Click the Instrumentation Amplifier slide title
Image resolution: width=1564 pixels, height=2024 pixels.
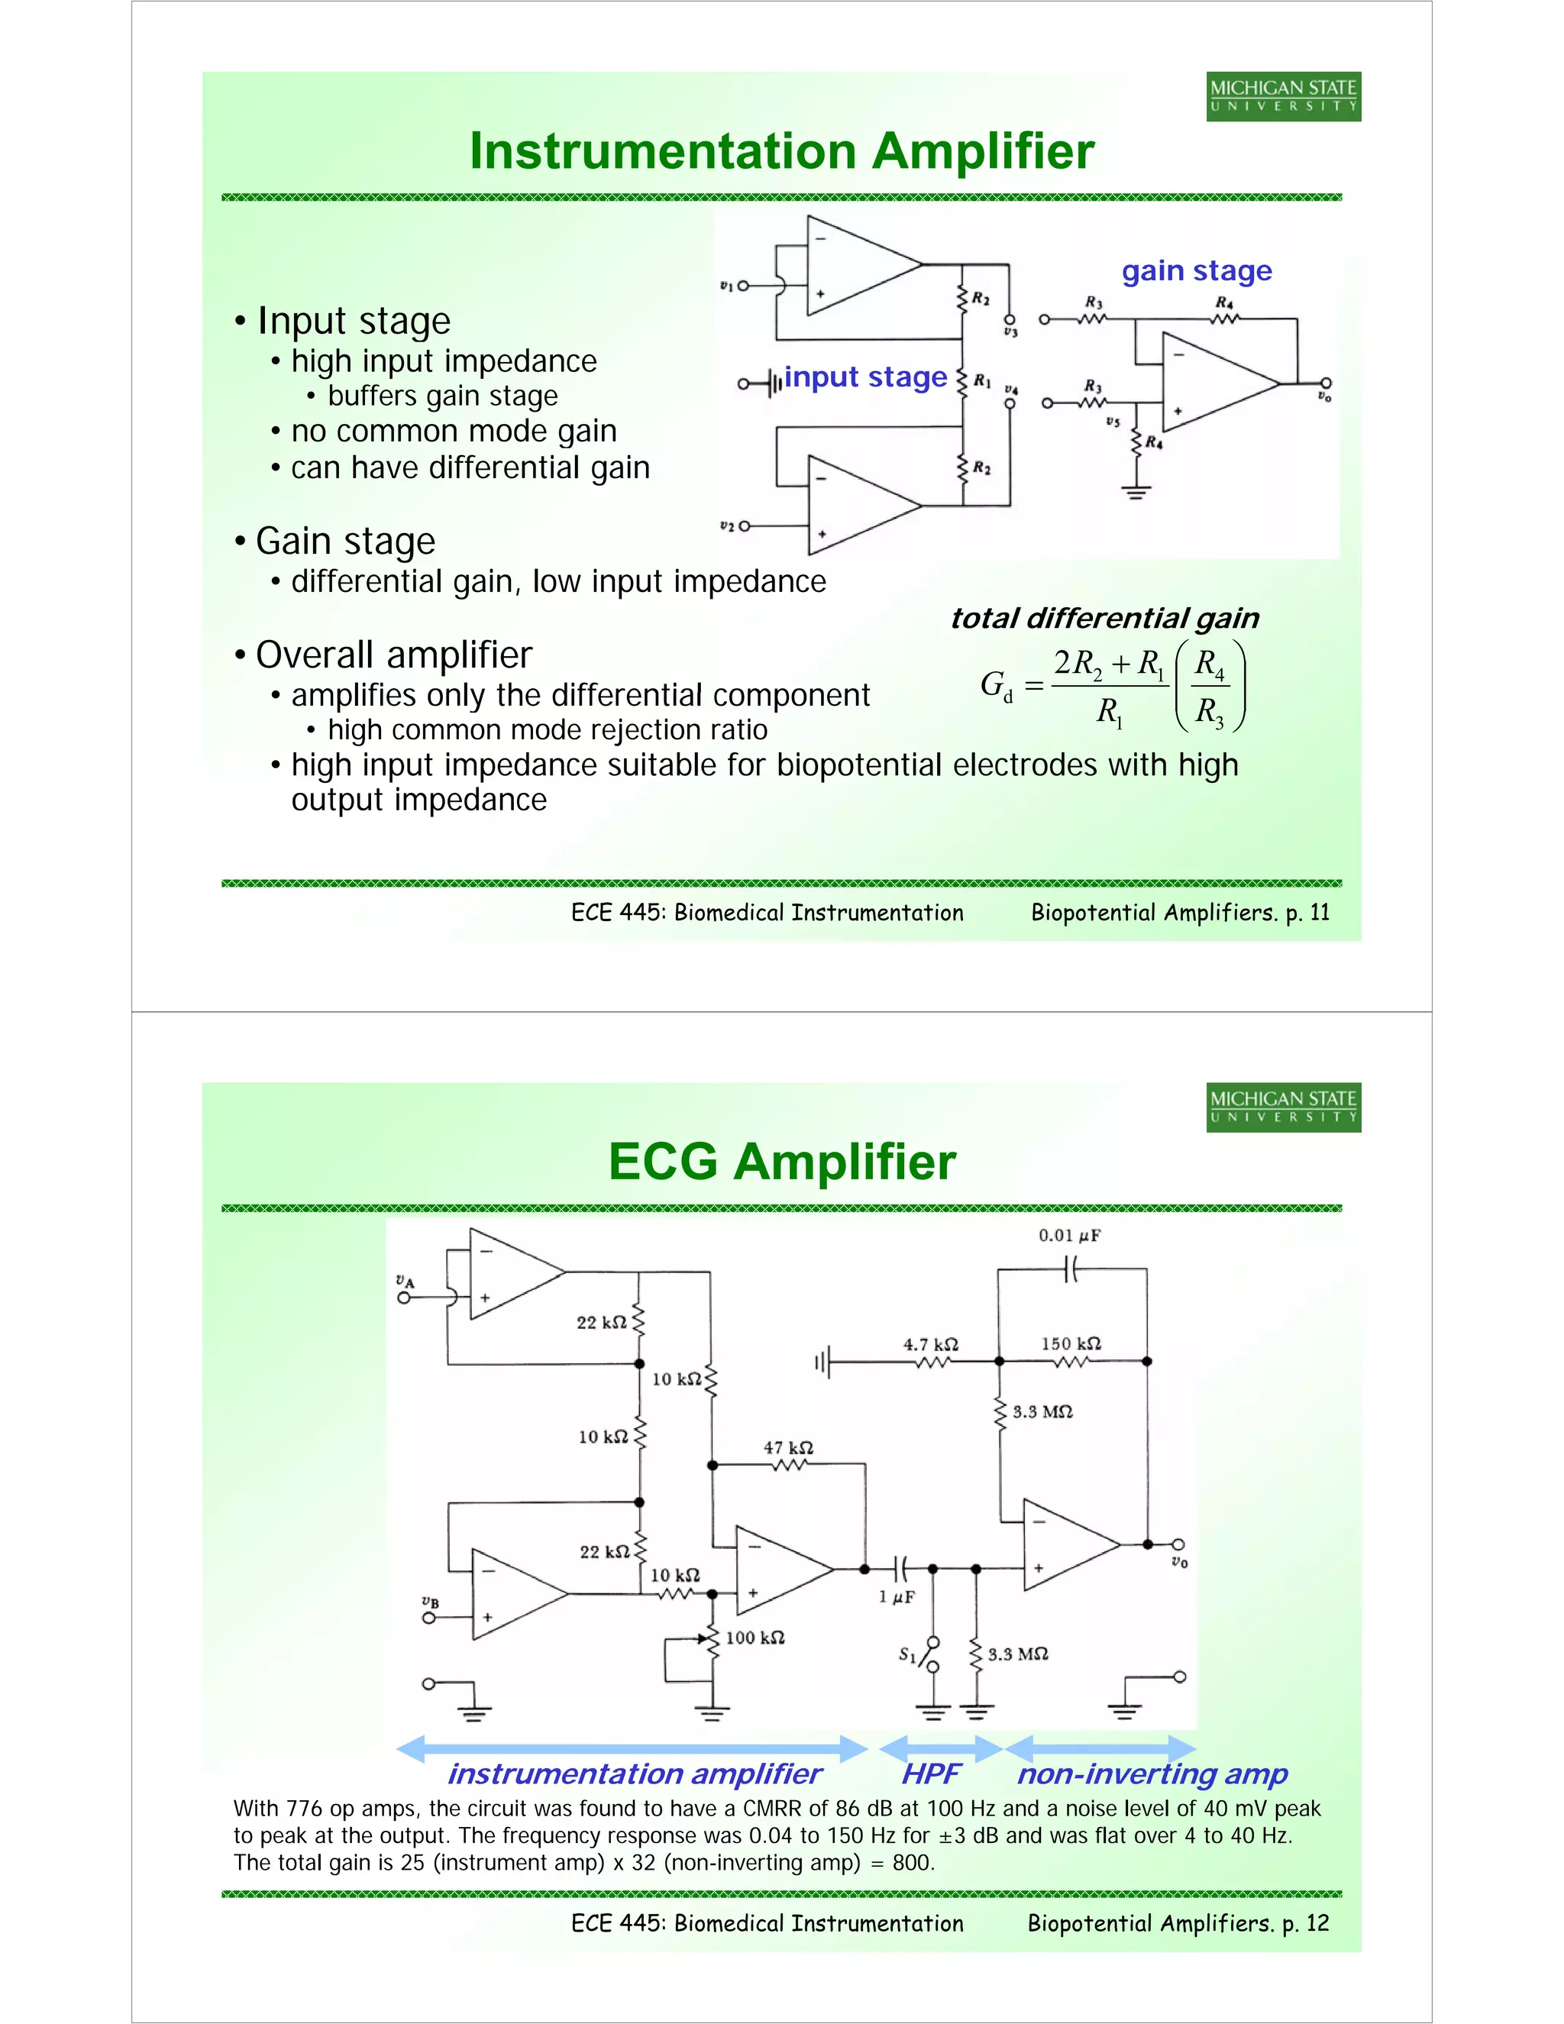pyautogui.click(x=782, y=151)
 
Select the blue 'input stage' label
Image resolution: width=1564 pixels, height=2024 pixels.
pyautogui.click(x=865, y=377)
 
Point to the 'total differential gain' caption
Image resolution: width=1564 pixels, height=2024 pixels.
pyautogui.click(x=1104, y=618)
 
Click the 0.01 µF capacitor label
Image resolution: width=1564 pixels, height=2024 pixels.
pyautogui.click(x=1068, y=1235)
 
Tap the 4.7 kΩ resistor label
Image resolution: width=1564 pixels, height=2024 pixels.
pyautogui.click(x=930, y=1343)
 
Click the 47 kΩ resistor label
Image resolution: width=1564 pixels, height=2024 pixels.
pyautogui.click(x=787, y=1447)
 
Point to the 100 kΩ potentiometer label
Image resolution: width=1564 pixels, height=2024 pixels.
pyautogui.click(x=755, y=1638)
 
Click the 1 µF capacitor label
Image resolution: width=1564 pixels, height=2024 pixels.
pyautogui.click(x=896, y=1597)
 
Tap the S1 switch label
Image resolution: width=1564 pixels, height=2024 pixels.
pyautogui.click(x=907, y=1654)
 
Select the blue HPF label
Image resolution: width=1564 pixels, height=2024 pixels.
pyautogui.click(x=930, y=1773)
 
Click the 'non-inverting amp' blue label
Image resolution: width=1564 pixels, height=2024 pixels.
pyautogui.click(x=1152, y=1773)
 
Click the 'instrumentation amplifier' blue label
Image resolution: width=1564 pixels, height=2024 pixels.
pyautogui.click(x=634, y=1773)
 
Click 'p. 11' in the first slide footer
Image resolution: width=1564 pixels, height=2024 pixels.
pyautogui.click(x=1307, y=913)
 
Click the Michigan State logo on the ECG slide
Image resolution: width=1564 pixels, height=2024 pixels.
pyautogui.click(x=1283, y=1107)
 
